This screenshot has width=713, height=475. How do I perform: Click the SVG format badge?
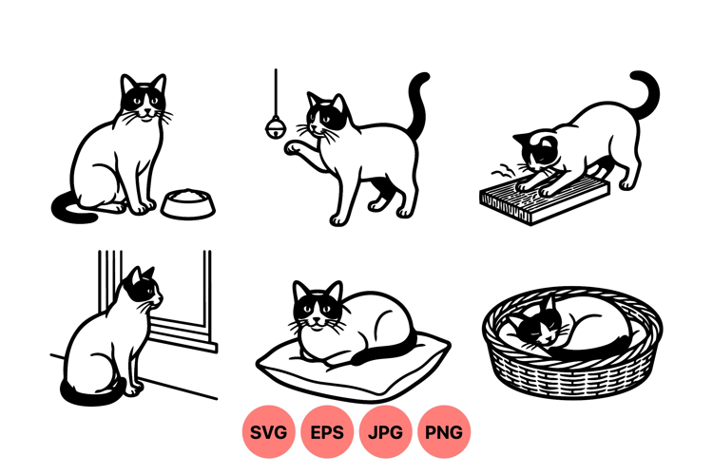pos(268,431)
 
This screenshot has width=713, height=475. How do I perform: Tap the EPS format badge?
pos(326,431)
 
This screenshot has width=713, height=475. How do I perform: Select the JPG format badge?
pos(385,431)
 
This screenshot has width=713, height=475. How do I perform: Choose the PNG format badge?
pos(444,431)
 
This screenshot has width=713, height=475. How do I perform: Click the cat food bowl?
pos(188,203)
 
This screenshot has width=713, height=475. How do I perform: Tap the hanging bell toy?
pos(276,126)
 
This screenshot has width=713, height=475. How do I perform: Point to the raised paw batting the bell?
pos(292,148)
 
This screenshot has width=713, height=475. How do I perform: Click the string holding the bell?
pos(276,93)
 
